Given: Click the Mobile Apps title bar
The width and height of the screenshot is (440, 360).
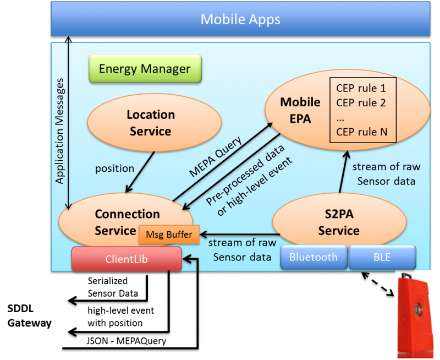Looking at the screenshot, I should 240,20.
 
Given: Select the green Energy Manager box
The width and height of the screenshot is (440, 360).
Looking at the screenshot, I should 145,69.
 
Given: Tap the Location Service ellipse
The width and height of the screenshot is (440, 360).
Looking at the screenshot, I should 150,123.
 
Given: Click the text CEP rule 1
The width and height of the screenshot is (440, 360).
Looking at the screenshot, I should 361,88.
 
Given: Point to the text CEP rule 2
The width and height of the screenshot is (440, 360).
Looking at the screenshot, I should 361,103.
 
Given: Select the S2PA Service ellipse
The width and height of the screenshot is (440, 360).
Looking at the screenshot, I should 338,223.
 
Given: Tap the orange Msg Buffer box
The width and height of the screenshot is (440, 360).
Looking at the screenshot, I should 169,234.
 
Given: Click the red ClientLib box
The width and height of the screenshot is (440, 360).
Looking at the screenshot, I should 127,259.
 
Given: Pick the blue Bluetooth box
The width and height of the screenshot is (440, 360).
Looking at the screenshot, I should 313,257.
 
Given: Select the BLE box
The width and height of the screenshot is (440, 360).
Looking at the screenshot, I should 382,257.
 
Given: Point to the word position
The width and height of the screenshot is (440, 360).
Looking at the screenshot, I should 114,167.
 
